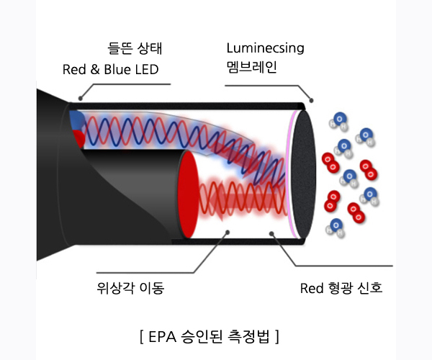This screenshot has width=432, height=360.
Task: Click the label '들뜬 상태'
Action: (135, 49)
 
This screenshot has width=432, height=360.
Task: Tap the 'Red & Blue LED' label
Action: (111, 70)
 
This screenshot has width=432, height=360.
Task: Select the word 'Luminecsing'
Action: (265, 49)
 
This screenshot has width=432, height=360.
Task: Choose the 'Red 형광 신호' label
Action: (341, 289)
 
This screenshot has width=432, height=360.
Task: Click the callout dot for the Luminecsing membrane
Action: (311, 99)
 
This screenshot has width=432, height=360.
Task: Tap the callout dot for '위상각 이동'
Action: (228, 232)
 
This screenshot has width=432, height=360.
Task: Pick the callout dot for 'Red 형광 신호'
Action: (273, 232)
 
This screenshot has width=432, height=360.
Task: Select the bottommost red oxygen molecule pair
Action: (356, 212)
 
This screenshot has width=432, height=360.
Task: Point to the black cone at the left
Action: (54, 180)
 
